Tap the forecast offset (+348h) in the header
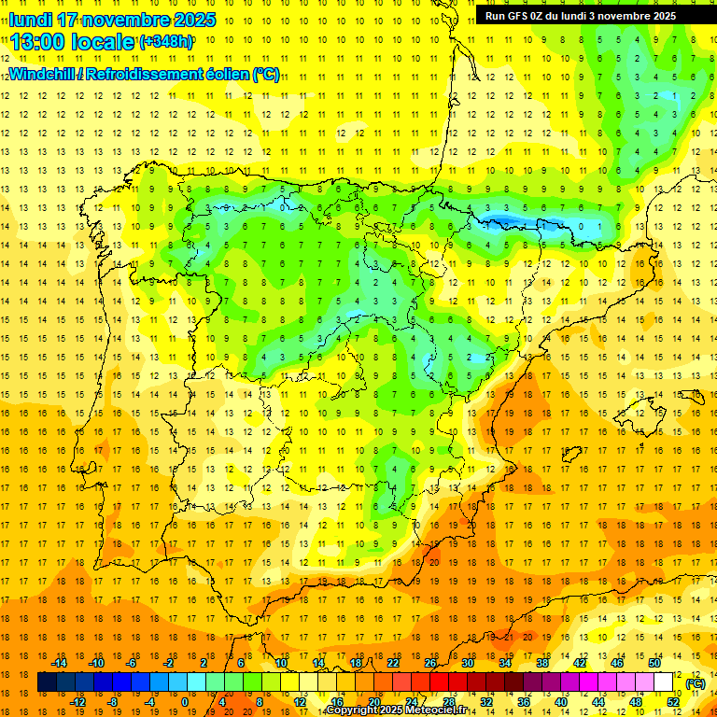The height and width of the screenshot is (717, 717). point(166,42)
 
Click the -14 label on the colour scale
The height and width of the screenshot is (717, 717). point(58,663)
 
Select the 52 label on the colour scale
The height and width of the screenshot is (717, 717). point(673,702)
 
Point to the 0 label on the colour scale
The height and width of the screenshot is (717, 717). point(186,702)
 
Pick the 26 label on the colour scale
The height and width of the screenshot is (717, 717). point(430,663)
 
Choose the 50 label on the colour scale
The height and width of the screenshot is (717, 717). point(654,663)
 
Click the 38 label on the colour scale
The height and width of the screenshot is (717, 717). point(542,663)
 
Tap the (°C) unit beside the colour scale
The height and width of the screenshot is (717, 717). point(696,682)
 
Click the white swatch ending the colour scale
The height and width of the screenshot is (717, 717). point(664,682)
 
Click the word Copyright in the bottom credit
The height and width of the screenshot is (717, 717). point(352,710)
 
